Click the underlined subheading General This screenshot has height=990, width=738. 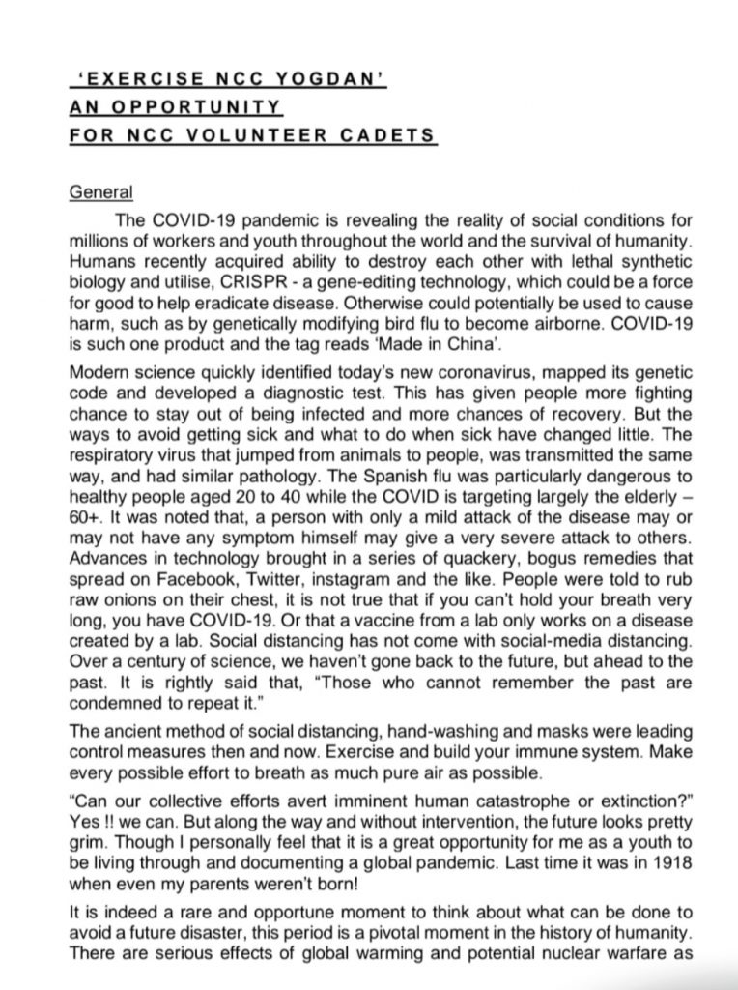point(101,191)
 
